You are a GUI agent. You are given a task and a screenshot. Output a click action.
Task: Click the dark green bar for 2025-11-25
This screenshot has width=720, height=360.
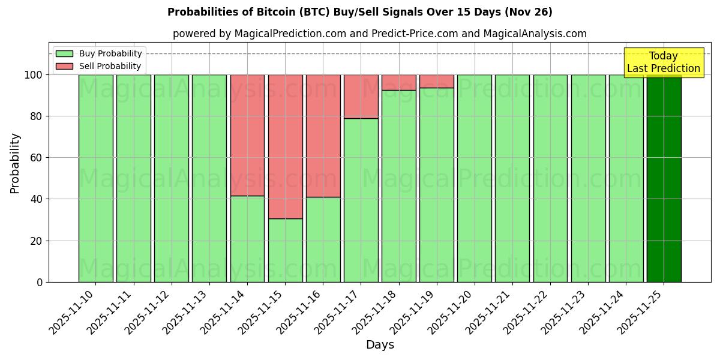(x=664, y=178)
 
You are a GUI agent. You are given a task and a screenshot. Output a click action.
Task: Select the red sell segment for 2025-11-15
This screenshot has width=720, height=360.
(x=285, y=146)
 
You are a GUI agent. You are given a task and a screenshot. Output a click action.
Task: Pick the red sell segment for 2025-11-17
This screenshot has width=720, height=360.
(x=361, y=97)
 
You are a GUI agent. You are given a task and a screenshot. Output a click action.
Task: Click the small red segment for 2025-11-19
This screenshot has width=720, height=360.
(x=437, y=81)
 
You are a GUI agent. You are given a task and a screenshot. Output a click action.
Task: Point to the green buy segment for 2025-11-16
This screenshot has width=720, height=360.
(x=323, y=239)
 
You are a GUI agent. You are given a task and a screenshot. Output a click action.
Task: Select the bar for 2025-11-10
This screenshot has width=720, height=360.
(x=95, y=178)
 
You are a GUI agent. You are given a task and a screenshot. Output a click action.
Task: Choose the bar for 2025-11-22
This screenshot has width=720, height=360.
(x=550, y=178)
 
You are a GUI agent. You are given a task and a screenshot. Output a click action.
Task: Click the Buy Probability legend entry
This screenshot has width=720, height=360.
(x=110, y=53)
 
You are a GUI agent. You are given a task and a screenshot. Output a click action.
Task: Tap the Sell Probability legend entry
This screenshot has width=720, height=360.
(x=110, y=66)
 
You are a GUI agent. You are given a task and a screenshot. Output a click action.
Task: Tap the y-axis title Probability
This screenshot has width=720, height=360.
(x=15, y=163)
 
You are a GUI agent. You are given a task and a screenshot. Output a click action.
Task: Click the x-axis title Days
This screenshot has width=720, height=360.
(x=380, y=345)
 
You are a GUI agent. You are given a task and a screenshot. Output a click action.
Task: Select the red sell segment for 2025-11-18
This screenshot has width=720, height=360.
(x=399, y=82)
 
